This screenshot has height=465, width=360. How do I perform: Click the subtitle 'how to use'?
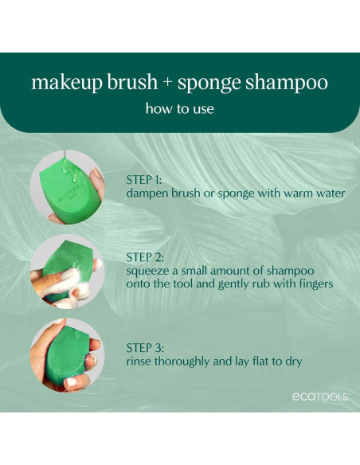[179, 109]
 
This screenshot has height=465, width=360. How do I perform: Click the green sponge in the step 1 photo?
[66, 191]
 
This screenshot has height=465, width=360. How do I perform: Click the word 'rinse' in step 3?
[141, 361]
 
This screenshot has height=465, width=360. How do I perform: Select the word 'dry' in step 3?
[292, 361]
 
